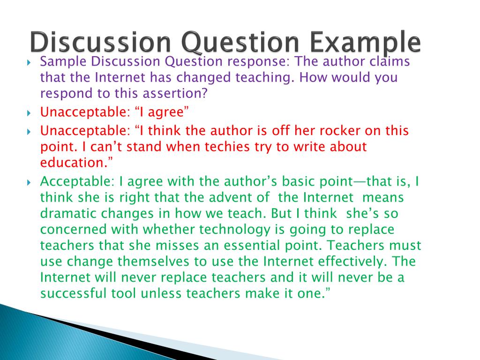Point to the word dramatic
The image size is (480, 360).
[x=69, y=213]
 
